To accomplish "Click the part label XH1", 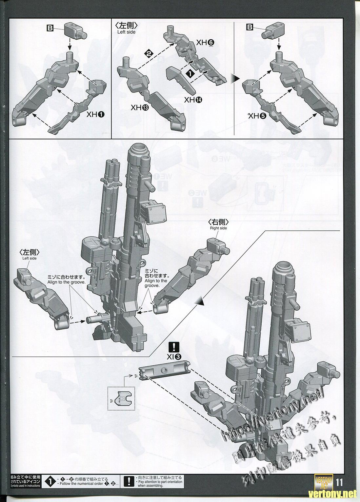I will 96,114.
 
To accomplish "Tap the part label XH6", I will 205,43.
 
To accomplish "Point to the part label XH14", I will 193,100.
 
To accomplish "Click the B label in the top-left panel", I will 50,29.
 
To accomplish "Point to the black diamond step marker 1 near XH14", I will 189,74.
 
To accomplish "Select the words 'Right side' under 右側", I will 218,228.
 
